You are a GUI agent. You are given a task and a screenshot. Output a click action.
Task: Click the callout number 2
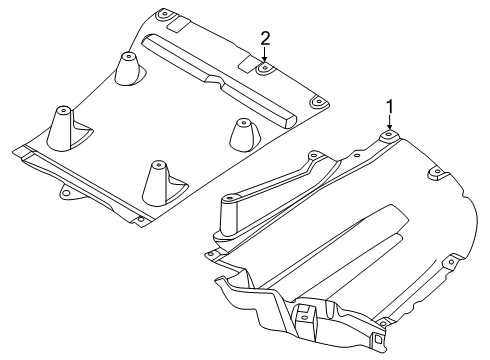click(265, 38)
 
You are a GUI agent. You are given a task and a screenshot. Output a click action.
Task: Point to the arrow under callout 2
click(265, 57)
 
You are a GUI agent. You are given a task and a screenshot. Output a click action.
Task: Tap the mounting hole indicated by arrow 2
click(265, 69)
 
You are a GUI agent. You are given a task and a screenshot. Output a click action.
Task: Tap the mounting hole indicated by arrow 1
click(390, 135)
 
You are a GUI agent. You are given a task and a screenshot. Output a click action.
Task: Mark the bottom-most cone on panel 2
click(158, 180)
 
